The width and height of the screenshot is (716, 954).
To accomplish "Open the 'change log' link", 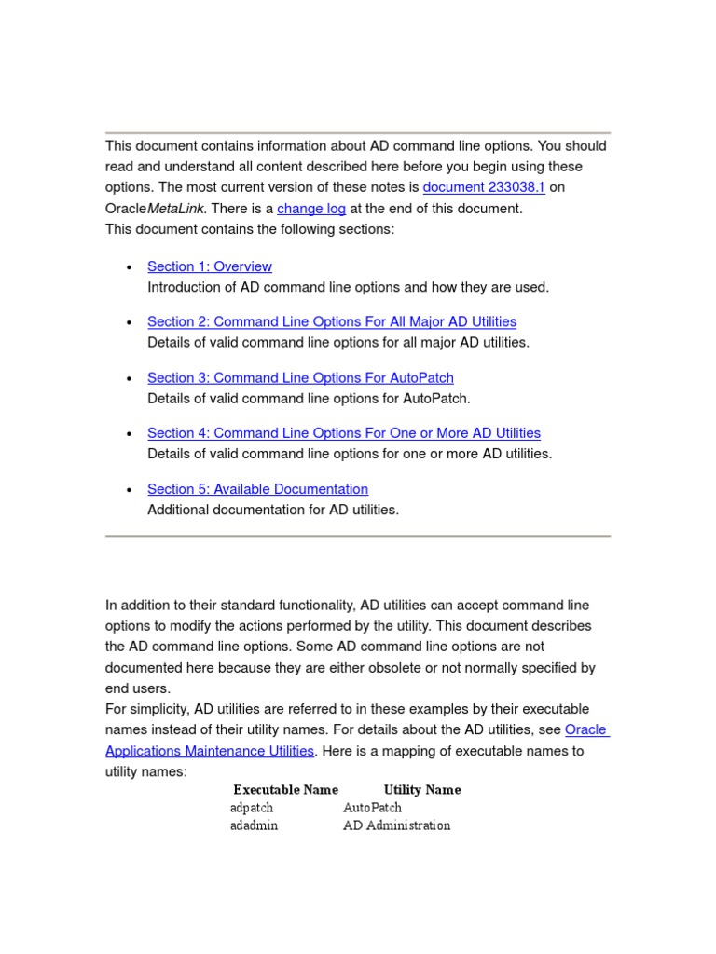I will coord(311,209).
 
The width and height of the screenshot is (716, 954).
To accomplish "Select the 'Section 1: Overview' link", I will coord(210,266).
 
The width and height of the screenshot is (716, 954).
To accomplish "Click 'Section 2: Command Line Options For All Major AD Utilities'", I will coord(332,321).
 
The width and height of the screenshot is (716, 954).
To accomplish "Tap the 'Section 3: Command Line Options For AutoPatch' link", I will coord(300,377).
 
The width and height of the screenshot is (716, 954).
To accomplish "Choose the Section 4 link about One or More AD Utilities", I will coord(344,433).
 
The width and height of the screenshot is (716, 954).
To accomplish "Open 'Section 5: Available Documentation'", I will coord(257,489).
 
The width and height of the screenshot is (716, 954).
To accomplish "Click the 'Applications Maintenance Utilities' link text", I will coord(210,751).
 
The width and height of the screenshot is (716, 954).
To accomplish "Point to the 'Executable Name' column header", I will coord(285,790).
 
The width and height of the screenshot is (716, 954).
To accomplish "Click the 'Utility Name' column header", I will coord(422,790).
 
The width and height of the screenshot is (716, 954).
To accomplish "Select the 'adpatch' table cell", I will coord(252,808).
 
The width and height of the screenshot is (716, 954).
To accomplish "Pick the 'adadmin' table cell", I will coord(254,825).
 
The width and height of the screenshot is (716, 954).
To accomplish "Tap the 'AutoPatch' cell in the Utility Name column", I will coord(372,808).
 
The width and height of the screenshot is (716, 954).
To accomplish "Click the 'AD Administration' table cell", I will coord(396,825).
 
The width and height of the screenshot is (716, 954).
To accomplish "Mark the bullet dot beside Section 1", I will coord(129,267).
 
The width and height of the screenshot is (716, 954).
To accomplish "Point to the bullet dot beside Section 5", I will coord(129,490).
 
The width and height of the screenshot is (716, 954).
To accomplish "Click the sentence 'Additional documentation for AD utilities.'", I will coord(273,510).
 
